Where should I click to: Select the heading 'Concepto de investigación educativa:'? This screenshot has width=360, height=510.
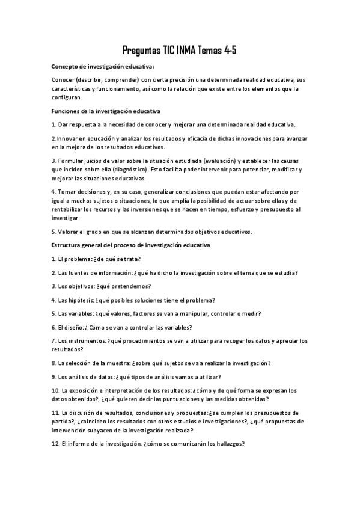pos(103,66)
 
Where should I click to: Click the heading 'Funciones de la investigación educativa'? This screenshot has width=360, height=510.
pos(106,111)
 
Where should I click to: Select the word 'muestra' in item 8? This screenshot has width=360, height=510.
pos(123,363)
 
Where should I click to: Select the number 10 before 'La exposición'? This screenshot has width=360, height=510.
pos(55,390)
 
